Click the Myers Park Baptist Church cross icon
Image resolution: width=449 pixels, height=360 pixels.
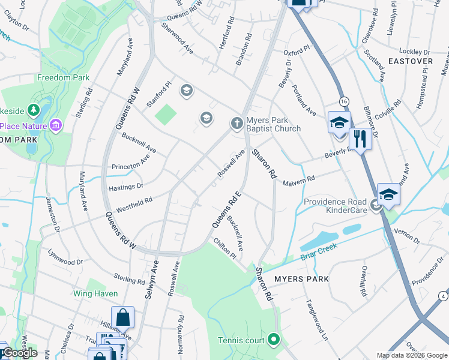(x=237, y=124)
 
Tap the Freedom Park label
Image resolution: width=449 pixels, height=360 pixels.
(x=63, y=77)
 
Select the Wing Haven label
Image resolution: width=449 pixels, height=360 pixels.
(x=95, y=293)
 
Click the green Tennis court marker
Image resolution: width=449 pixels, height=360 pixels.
(x=274, y=340)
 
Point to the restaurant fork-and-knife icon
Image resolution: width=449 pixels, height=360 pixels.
(x=360, y=139)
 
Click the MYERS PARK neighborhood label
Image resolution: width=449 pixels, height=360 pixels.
(x=301, y=279)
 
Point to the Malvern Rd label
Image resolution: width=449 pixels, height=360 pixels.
(x=298, y=180)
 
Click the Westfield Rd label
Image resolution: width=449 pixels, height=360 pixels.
(x=134, y=205)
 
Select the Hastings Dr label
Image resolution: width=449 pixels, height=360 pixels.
(x=125, y=187)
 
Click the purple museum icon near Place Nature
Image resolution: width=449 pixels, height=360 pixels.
(x=56, y=125)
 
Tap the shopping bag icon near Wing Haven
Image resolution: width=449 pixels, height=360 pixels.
(x=122, y=317)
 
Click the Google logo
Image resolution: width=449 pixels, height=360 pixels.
(x=19, y=353)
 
